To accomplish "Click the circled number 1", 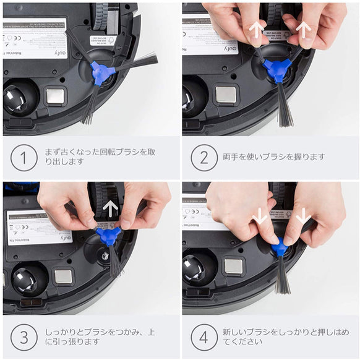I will pyautogui.click(x=24, y=158).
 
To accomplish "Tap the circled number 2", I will pyautogui.click(x=204, y=158).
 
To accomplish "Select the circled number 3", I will pyautogui.click(x=24, y=337).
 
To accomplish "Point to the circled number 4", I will pyautogui.click(x=204, y=337).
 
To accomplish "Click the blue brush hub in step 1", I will pyautogui.click(x=101, y=73).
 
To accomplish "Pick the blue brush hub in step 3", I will pyautogui.click(x=109, y=236).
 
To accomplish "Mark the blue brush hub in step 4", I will pyautogui.click(x=280, y=248).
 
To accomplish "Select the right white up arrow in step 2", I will pyautogui.click(x=303, y=29).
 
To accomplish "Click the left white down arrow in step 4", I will pyautogui.click(x=260, y=215).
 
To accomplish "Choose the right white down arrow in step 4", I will pyautogui.click(x=303, y=216).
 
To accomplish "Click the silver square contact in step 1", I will pyautogui.click(x=55, y=96).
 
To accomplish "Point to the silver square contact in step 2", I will pyautogui.click(x=225, y=94).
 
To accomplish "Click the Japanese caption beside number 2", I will pyautogui.click(x=274, y=157).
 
